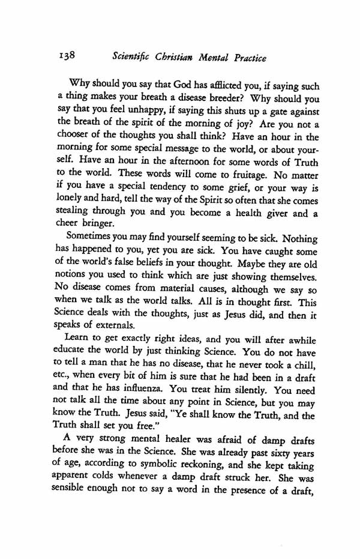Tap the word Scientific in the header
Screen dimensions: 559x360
131,58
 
